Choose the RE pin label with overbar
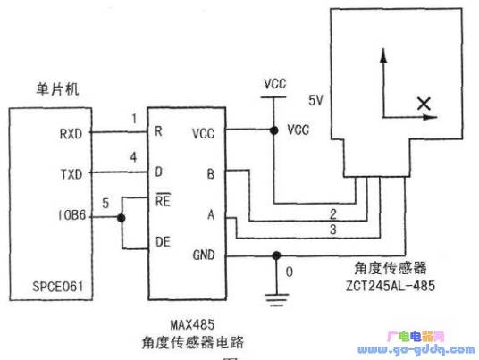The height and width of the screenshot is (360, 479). (x=163, y=201)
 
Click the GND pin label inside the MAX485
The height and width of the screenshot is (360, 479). (x=204, y=255)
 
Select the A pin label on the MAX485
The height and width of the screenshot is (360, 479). (x=211, y=214)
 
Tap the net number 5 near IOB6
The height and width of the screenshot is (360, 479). (x=105, y=204)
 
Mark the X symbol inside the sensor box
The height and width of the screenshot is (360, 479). (x=423, y=105)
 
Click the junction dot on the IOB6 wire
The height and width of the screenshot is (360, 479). (x=120, y=217)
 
